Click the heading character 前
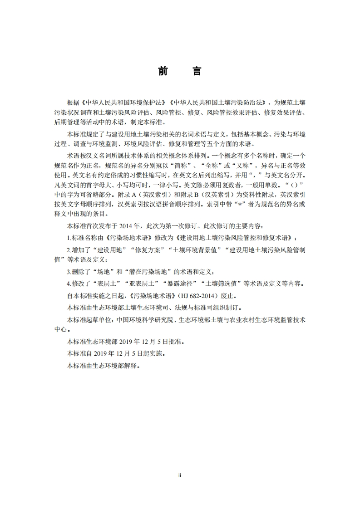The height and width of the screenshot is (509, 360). coord(163,72)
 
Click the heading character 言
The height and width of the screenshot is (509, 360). coord(197,72)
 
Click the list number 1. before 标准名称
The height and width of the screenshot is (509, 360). coord(69,238)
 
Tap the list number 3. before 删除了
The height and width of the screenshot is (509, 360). coord(69,272)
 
